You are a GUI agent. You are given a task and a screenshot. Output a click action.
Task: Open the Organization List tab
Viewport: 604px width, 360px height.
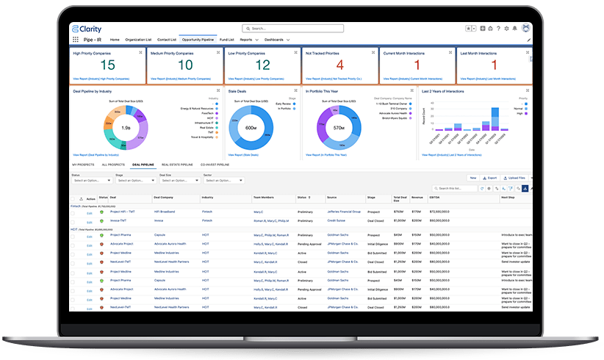(x=138, y=40)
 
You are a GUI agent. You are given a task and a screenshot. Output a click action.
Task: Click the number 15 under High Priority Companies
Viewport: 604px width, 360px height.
(x=108, y=65)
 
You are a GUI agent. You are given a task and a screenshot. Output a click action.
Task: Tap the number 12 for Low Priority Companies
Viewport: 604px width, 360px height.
(x=262, y=65)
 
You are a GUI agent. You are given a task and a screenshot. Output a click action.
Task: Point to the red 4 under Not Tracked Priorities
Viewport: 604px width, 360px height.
(x=339, y=65)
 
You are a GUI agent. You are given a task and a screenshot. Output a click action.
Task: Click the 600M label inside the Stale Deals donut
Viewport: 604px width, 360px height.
(x=251, y=128)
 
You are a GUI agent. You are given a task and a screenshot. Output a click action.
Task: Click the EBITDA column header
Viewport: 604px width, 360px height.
(x=434, y=198)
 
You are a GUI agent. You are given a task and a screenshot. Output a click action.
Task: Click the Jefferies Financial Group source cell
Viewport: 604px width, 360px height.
(x=344, y=212)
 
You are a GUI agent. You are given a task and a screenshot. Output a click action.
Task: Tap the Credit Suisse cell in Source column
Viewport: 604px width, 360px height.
(x=337, y=220)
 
